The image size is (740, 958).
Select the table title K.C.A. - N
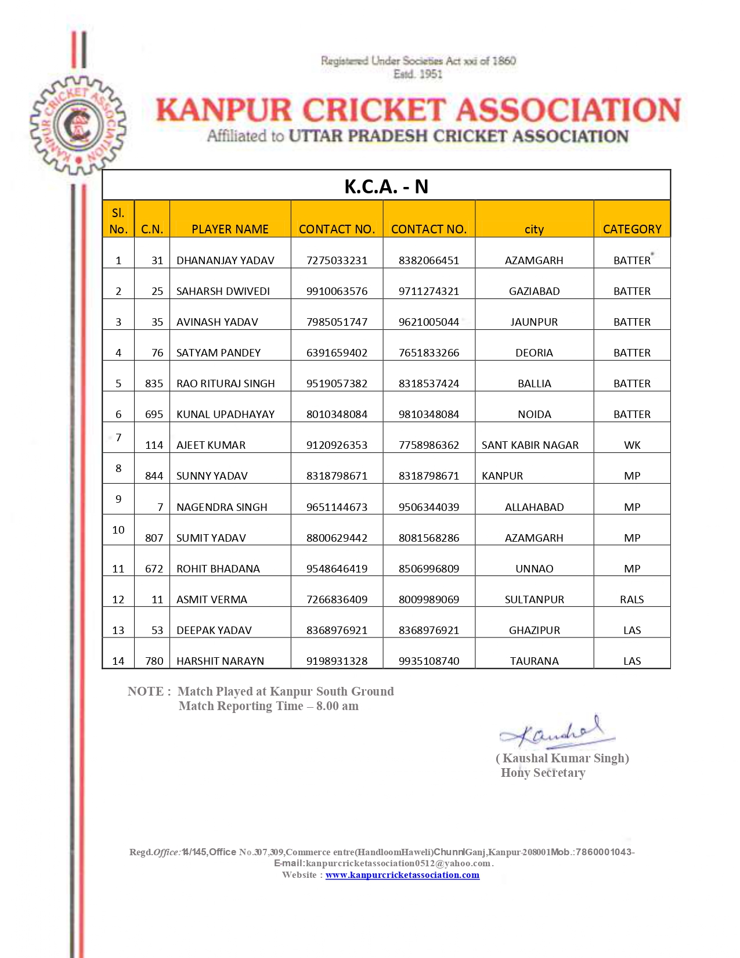point(386,186)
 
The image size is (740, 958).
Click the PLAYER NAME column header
point(230,229)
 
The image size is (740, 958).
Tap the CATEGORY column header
point(632,229)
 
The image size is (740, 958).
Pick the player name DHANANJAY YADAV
point(225,261)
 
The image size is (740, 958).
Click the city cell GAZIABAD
point(534,291)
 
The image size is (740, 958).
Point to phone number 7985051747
point(337,322)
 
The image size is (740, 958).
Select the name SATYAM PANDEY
point(218,353)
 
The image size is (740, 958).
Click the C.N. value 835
point(154,384)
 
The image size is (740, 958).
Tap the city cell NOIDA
point(534,415)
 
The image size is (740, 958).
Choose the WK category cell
point(632,445)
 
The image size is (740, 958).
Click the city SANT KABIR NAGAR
point(530,445)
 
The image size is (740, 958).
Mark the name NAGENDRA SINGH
point(222,507)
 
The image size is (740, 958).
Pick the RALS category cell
point(632,600)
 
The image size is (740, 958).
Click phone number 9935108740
point(429,661)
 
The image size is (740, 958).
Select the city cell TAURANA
point(534,661)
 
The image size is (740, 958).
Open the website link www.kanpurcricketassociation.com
point(402,875)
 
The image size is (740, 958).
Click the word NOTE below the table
point(146,692)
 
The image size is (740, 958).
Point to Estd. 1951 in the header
point(418,74)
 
